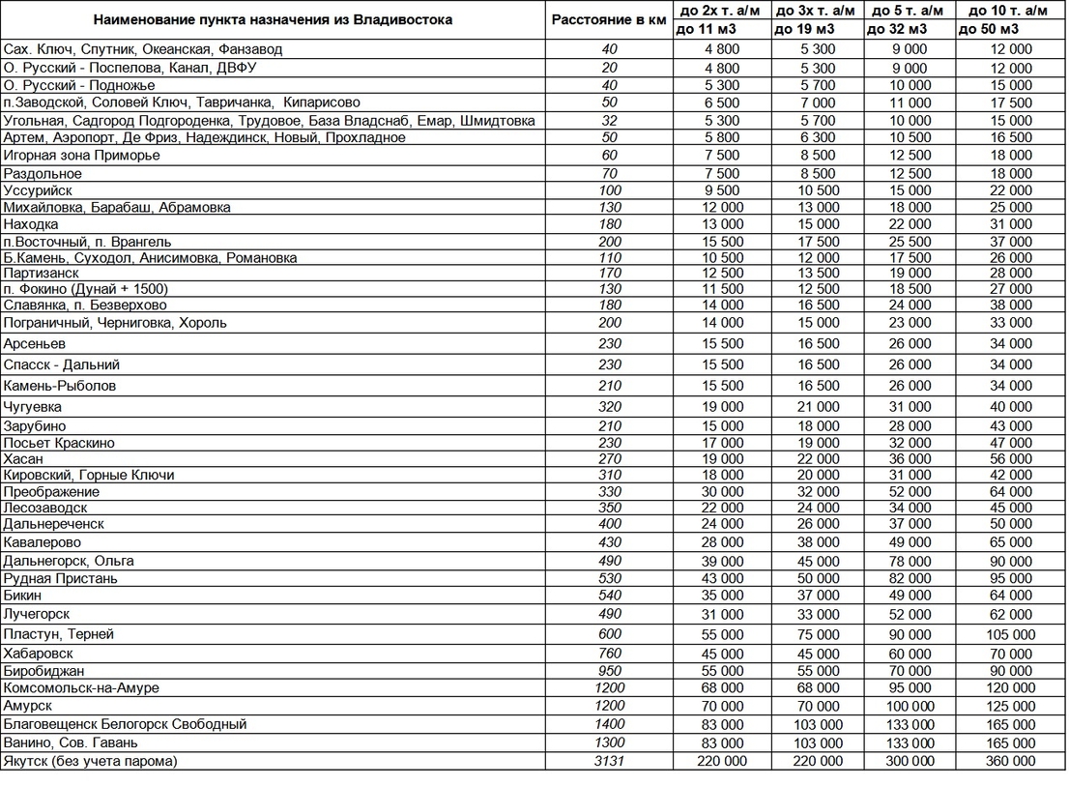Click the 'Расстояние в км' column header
[x=608, y=19]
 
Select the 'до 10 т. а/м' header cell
[x=1009, y=11]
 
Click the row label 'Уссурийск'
[x=38, y=190]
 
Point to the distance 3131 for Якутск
[x=609, y=761]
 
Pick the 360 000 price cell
[x=1009, y=761]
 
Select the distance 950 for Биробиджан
[x=609, y=670]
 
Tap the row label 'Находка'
[x=31, y=224]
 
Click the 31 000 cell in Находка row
[x=1009, y=224]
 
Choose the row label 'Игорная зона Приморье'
[x=81, y=155]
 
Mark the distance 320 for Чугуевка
[x=609, y=407]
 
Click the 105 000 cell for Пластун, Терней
[x=1009, y=634]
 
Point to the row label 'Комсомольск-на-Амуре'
[x=81, y=687]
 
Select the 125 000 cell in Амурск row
[x=1009, y=706]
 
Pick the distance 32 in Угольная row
[x=609, y=121]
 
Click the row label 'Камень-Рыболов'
[x=60, y=386]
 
